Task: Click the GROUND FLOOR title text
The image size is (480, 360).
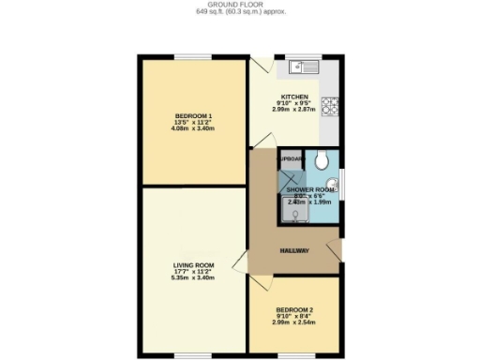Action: click(x=240, y=5)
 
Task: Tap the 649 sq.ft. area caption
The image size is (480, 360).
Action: click(x=240, y=13)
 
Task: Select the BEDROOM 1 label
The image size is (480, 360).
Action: click(x=193, y=115)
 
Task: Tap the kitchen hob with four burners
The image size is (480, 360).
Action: click(x=331, y=107)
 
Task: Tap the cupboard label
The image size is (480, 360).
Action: click(x=290, y=160)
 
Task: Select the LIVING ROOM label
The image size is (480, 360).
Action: click(x=193, y=264)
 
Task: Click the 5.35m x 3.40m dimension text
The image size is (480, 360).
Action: click(x=193, y=278)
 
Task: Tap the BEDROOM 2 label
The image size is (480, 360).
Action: click(x=294, y=309)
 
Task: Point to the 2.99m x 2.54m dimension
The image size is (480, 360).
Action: click(x=294, y=322)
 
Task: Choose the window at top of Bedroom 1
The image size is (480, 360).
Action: click(x=193, y=58)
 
